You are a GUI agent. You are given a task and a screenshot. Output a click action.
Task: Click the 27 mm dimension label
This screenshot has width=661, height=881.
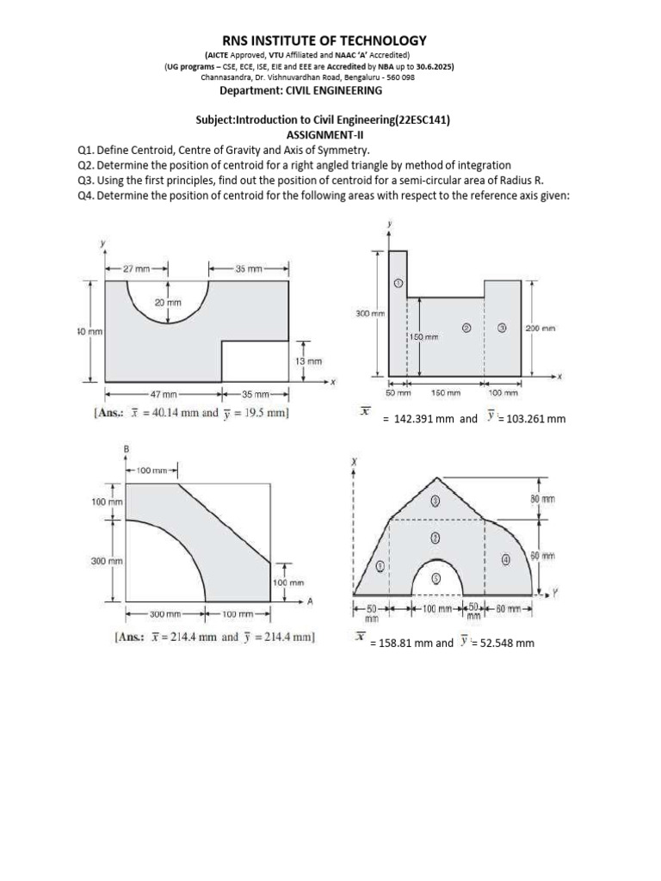point(135,268)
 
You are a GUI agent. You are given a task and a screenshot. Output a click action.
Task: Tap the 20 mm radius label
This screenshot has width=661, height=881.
point(168,303)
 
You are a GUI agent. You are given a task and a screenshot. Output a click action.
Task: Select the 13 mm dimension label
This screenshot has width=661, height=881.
point(308,361)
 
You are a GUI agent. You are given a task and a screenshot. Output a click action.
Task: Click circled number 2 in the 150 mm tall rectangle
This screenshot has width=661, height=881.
point(466,328)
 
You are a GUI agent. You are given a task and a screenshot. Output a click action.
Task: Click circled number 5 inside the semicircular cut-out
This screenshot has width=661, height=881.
point(436,578)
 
